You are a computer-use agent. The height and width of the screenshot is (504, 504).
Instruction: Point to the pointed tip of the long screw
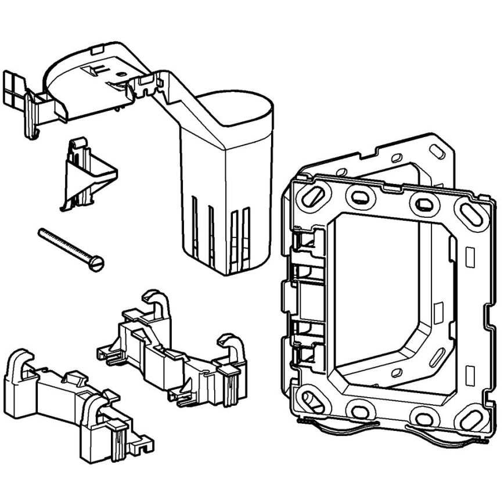(x=41, y=232)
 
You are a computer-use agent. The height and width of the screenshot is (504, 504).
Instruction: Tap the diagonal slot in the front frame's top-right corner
(x=471, y=214)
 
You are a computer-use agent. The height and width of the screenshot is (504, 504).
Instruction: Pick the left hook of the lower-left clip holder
(x=21, y=363)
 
